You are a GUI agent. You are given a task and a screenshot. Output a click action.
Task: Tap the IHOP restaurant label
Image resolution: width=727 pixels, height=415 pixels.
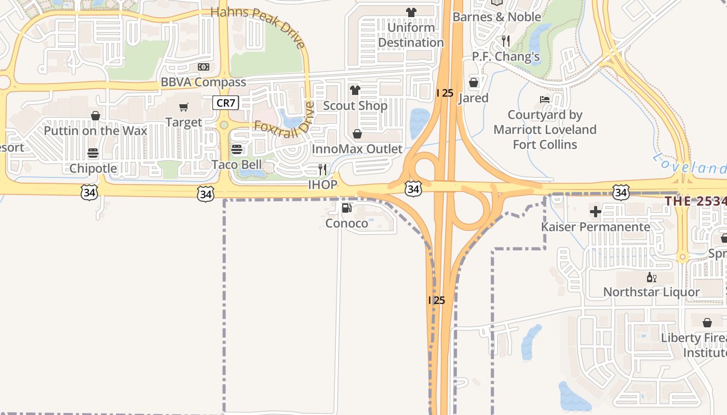(x=322, y=184)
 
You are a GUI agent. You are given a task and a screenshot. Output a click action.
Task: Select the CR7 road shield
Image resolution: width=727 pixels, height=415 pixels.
(x=226, y=103)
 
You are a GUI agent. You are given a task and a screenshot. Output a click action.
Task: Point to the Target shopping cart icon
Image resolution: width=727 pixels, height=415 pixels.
(x=184, y=107)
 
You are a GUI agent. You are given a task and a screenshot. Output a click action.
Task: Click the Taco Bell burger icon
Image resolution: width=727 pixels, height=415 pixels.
(x=237, y=149)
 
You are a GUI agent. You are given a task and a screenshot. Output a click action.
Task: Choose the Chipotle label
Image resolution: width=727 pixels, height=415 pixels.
(x=93, y=168)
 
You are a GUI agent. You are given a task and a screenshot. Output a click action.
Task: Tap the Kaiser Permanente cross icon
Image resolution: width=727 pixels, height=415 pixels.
(x=596, y=211)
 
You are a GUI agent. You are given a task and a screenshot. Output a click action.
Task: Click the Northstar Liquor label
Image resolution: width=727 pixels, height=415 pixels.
(x=651, y=292)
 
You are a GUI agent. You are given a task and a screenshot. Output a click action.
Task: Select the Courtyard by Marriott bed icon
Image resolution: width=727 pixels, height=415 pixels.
(x=544, y=100)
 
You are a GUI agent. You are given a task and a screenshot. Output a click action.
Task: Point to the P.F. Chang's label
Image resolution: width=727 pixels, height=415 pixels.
(x=506, y=56)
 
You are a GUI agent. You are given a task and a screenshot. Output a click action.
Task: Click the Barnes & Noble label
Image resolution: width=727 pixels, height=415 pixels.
(x=497, y=17)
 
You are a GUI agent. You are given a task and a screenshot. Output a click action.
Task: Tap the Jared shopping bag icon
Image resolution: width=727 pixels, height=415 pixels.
(x=474, y=82)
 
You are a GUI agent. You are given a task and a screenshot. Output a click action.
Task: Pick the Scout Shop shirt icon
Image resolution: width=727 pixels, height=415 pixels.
(x=355, y=90)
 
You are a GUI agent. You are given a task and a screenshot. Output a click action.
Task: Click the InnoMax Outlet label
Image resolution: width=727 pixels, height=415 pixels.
(x=357, y=149)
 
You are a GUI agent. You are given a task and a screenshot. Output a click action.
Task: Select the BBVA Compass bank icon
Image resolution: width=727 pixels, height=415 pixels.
(x=204, y=67)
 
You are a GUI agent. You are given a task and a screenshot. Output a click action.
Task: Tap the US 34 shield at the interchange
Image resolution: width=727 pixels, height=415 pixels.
(x=413, y=189)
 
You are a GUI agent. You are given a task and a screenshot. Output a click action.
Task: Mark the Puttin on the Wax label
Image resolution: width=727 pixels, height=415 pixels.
(x=96, y=130)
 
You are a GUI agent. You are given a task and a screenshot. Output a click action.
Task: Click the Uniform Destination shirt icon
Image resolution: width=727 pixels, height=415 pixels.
(x=411, y=12)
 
